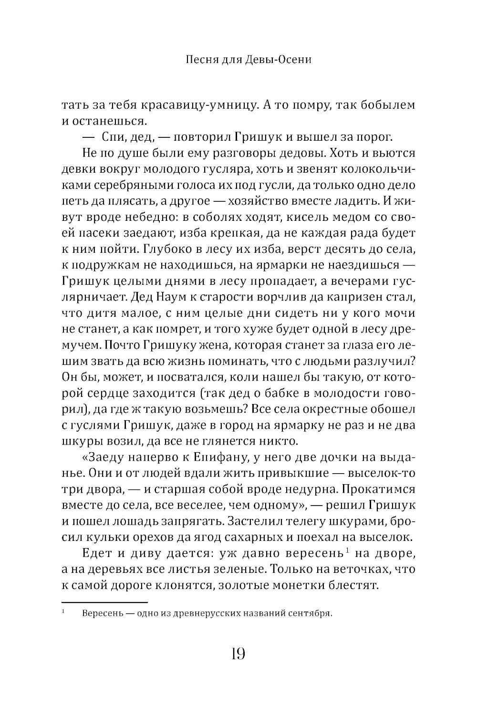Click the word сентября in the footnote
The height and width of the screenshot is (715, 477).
pos(310,613)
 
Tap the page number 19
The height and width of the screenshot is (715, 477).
pos(238,654)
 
